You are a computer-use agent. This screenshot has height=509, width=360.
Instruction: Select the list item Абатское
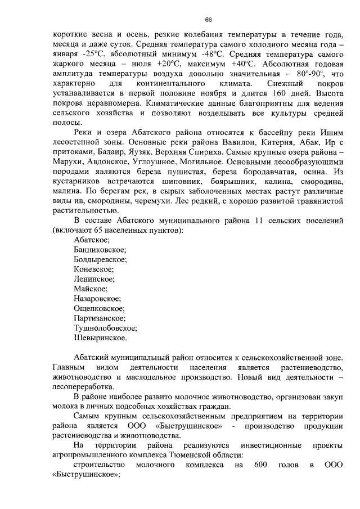click(92, 241)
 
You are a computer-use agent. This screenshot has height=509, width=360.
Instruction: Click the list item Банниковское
click(100, 250)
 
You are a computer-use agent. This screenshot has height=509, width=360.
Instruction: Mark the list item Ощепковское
click(99, 309)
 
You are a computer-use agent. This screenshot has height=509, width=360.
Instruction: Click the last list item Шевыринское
click(100, 338)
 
